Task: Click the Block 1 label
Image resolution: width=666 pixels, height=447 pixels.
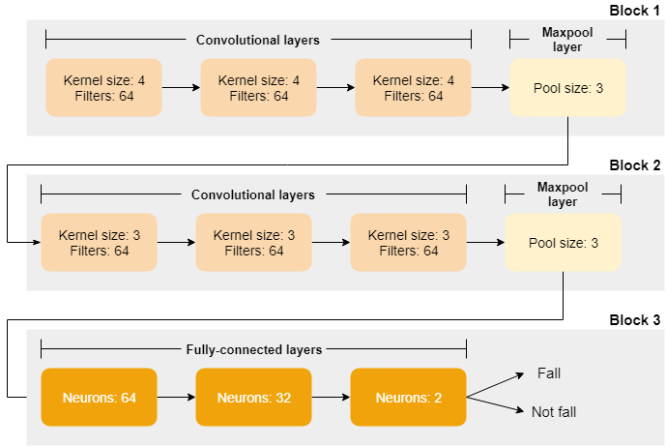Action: pyautogui.click(x=634, y=11)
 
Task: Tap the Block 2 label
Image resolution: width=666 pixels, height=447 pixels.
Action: pyautogui.click(x=634, y=165)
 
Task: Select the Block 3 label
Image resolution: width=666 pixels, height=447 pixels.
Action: pyautogui.click(x=634, y=320)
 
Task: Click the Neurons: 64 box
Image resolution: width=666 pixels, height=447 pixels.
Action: pyautogui.click(x=99, y=398)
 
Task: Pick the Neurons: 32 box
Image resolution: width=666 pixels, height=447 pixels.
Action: pyautogui.click(x=253, y=398)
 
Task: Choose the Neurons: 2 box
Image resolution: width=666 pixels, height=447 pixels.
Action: pyautogui.click(x=408, y=398)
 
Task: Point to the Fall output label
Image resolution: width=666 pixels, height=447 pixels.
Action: pyautogui.click(x=549, y=373)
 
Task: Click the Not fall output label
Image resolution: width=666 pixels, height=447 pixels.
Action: pyautogui.click(x=554, y=412)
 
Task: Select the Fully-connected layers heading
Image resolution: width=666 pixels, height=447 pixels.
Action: pyautogui.click(x=254, y=349)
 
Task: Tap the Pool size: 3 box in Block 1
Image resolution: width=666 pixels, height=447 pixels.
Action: pyautogui.click(x=567, y=88)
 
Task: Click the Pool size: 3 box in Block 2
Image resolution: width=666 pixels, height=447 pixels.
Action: pyautogui.click(x=563, y=243)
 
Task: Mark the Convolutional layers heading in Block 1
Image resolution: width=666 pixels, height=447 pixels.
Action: pyautogui.click(x=258, y=40)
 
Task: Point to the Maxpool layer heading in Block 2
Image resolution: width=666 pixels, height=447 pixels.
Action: pyautogui.click(x=563, y=194)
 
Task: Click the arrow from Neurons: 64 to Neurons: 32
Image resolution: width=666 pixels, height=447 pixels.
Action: pyautogui.click(x=176, y=398)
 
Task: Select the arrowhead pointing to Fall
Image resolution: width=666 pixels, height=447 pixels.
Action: pyautogui.click(x=520, y=375)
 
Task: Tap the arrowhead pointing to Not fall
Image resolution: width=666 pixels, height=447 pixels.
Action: pyautogui.click(x=520, y=410)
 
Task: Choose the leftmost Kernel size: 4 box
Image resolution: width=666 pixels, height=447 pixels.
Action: pyautogui.click(x=104, y=88)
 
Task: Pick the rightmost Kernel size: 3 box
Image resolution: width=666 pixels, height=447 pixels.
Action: pyautogui.click(x=408, y=243)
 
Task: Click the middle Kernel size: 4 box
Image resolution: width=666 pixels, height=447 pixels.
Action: pyautogui.click(x=259, y=88)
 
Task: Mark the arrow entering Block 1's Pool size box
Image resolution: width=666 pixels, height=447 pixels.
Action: pyautogui.click(x=491, y=88)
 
